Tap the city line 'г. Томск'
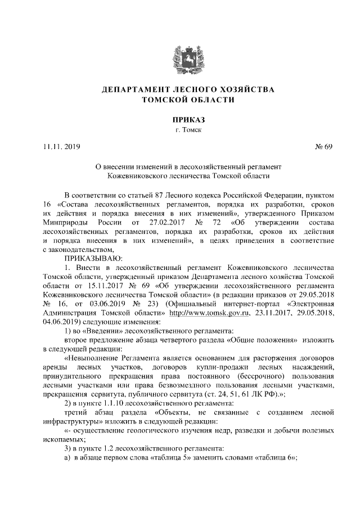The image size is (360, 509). pyautogui.click(x=180, y=130)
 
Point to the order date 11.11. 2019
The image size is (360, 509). pyautogui.click(x=62, y=147)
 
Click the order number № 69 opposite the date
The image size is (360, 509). pyautogui.click(x=326, y=147)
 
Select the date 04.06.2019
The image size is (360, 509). pyautogui.click(x=61, y=321)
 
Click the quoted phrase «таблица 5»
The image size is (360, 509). pyautogui.click(x=177, y=457)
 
